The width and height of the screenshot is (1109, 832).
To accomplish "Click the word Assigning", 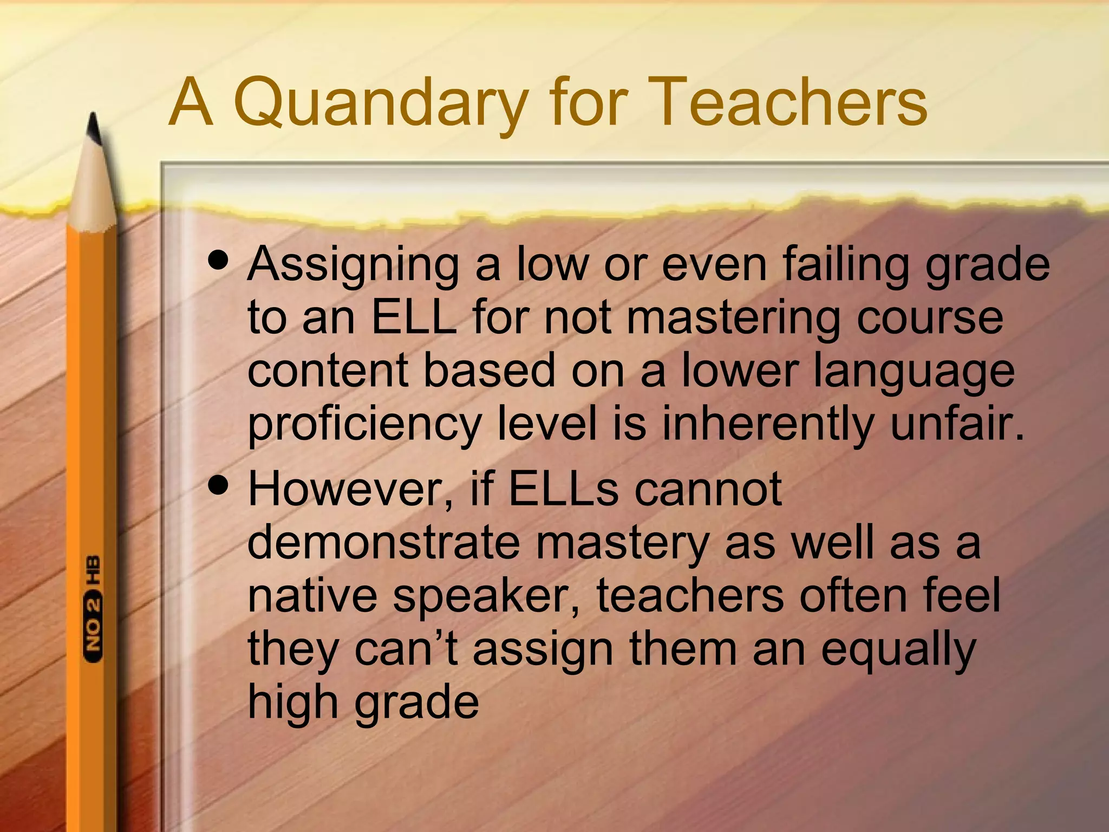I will (x=353, y=265).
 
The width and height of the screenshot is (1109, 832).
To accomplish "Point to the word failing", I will (x=845, y=265).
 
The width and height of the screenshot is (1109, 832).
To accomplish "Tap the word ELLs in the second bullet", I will (x=564, y=489).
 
